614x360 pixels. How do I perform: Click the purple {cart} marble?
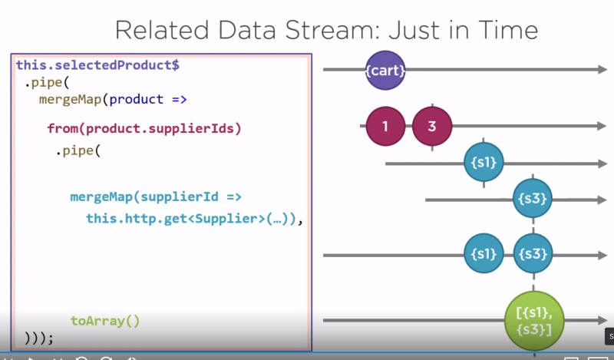click(385, 70)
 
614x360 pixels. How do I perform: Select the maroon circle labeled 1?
click(386, 127)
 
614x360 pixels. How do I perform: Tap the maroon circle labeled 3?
click(431, 127)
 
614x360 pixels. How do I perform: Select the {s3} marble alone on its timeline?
click(533, 199)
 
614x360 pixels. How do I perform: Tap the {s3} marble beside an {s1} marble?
click(533, 254)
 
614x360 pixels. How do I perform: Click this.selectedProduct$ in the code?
click(97, 65)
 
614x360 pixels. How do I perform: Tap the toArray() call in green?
click(105, 320)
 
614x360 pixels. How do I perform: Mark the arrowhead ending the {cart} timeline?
click(602, 70)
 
